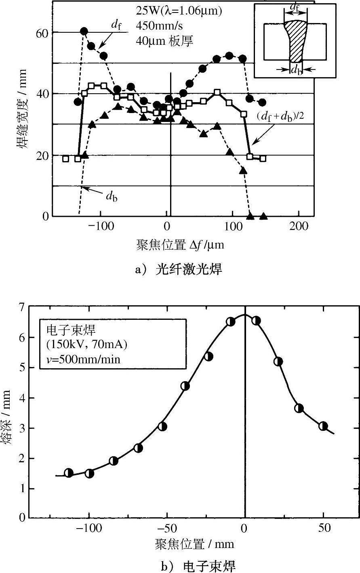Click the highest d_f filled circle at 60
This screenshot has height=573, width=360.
[84, 31]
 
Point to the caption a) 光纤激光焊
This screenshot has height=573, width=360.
[179, 269]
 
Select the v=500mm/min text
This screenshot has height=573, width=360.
[83, 359]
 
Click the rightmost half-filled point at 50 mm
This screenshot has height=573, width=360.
[323, 426]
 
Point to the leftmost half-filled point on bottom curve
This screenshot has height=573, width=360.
[69, 473]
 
